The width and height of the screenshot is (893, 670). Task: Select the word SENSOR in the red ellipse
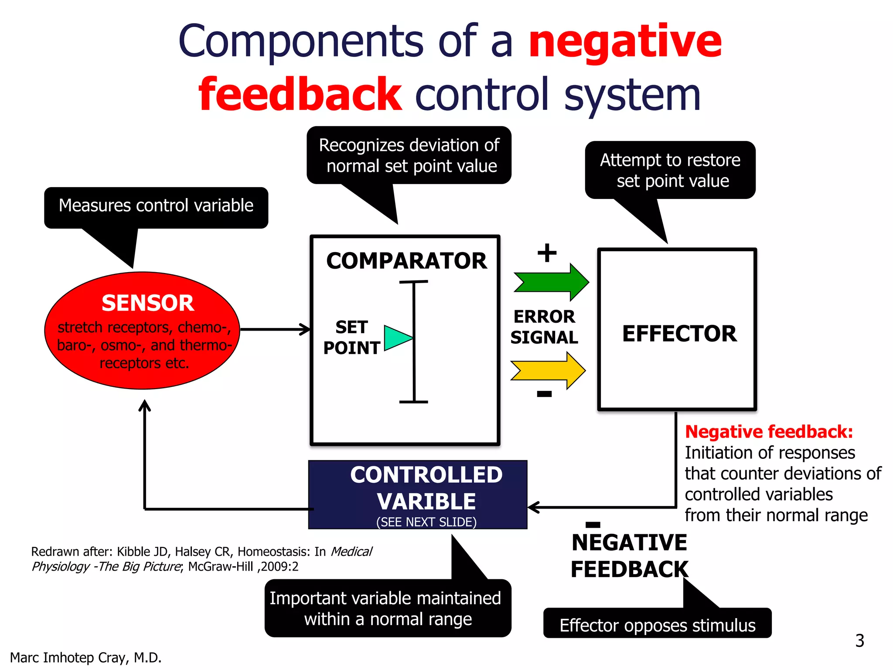(147, 303)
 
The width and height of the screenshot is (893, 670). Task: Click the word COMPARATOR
(406, 261)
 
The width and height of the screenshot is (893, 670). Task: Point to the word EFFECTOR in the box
(679, 334)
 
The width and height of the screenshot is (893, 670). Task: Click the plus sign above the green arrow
(547, 253)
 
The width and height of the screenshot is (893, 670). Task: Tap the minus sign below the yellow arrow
(544, 394)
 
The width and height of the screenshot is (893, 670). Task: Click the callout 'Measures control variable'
(156, 206)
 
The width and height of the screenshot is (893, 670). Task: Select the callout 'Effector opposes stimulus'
(657, 625)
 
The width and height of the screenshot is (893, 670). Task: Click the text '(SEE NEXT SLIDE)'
(426, 522)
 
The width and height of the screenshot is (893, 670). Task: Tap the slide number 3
(859, 641)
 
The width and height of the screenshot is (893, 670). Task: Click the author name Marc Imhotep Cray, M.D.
(86, 657)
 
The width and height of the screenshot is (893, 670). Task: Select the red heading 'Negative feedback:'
(769, 432)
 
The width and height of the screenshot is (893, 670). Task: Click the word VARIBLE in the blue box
(426, 501)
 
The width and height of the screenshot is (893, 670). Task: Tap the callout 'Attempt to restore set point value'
(670, 170)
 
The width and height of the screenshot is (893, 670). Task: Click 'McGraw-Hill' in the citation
(220, 566)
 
